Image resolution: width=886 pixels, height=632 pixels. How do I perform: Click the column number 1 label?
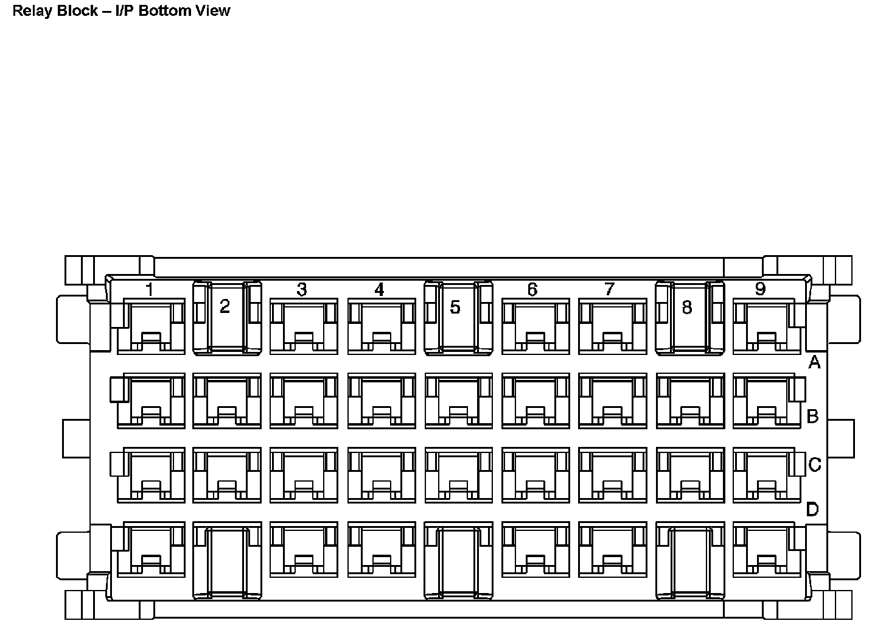tap(149, 290)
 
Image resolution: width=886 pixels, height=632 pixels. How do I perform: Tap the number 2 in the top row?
tap(225, 307)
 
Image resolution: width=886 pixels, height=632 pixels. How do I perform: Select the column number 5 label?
tap(455, 307)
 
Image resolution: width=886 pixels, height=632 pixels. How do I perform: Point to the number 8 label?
tap(686, 307)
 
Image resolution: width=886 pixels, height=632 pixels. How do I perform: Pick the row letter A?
tap(814, 363)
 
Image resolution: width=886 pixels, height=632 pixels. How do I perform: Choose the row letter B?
tap(812, 416)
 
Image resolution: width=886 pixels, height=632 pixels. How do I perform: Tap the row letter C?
tap(815, 465)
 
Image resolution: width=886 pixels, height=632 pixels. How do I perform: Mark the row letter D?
tap(812, 509)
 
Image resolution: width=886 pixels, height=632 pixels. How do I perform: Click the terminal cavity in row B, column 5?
tap(458, 401)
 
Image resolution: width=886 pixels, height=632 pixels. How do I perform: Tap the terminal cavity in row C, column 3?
tap(303, 476)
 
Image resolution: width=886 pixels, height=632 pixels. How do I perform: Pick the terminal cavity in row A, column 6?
tap(535, 326)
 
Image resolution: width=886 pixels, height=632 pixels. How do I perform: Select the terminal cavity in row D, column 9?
tap(766, 549)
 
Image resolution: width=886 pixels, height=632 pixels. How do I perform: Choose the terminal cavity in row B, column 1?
tap(150, 401)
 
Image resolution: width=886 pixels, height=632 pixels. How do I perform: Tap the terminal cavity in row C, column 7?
tap(612, 476)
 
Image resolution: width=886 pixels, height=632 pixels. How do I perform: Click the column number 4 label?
tap(379, 290)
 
